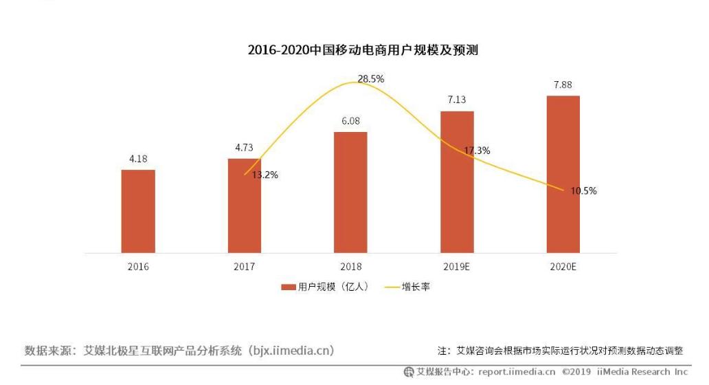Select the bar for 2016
[x=138, y=211]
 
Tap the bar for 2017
[x=245, y=206]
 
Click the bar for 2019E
[x=457, y=182]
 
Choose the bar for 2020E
[x=563, y=175]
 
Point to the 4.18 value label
[x=138, y=159]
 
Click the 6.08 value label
[x=350, y=121]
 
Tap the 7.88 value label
[x=563, y=85]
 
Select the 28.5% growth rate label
[x=370, y=79]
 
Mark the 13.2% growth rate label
[x=265, y=175]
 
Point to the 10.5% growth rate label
[x=583, y=190]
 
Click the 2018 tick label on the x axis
[x=350, y=267]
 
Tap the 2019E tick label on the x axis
[x=457, y=267]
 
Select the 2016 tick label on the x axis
[x=138, y=267]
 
